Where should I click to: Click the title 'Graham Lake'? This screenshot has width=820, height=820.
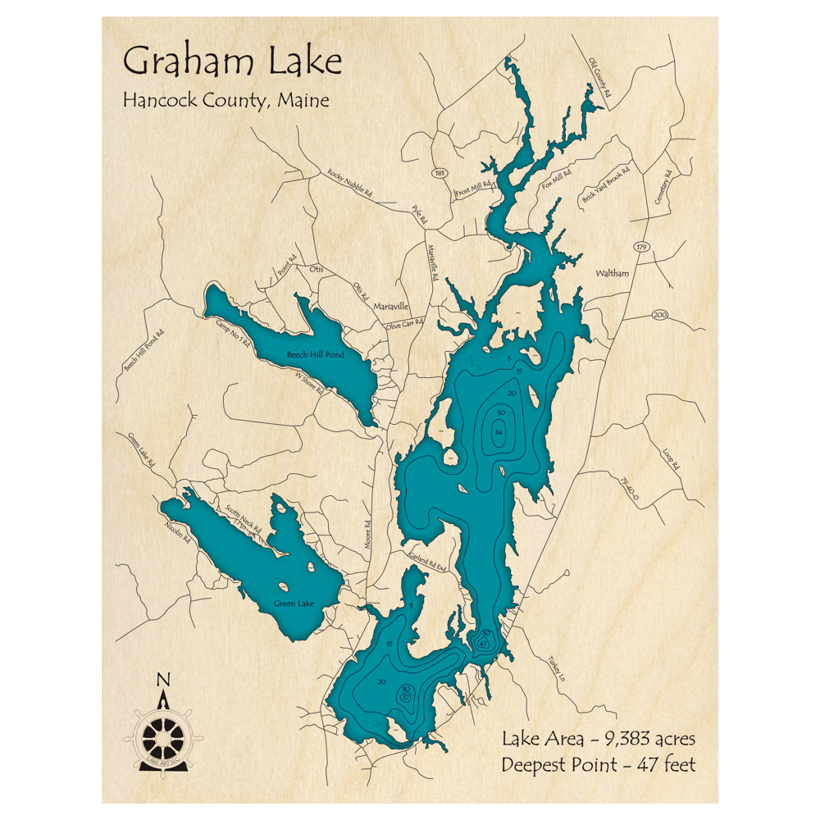pyautogui.click(x=232, y=62)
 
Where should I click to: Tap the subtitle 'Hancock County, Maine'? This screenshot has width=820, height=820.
pyautogui.click(x=225, y=101)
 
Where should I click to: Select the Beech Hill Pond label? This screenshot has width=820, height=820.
pyautogui.click(x=316, y=355)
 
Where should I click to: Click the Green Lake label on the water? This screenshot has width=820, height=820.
pyautogui.click(x=294, y=604)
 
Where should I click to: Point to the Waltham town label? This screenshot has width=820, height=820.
pyautogui.click(x=613, y=273)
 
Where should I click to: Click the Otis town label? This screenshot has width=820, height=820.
pyautogui.click(x=316, y=268)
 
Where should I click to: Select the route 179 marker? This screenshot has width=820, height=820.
pyautogui.click(x=640, y=247)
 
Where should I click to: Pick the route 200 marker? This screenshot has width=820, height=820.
pyautogui.click(x=661, y=316)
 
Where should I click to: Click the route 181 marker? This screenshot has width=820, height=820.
pyautogui.click(x=440, y=174)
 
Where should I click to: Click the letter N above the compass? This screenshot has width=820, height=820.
pyautogui.click(x=163, y=679)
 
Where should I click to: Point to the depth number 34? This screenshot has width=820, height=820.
pyautogui.click(x=499, y=433)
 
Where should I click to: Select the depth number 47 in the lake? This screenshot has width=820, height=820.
pyautogui.click(x=483, y=645)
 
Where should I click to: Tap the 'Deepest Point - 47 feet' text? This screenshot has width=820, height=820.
pyautogui.click(x=599, y=765)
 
